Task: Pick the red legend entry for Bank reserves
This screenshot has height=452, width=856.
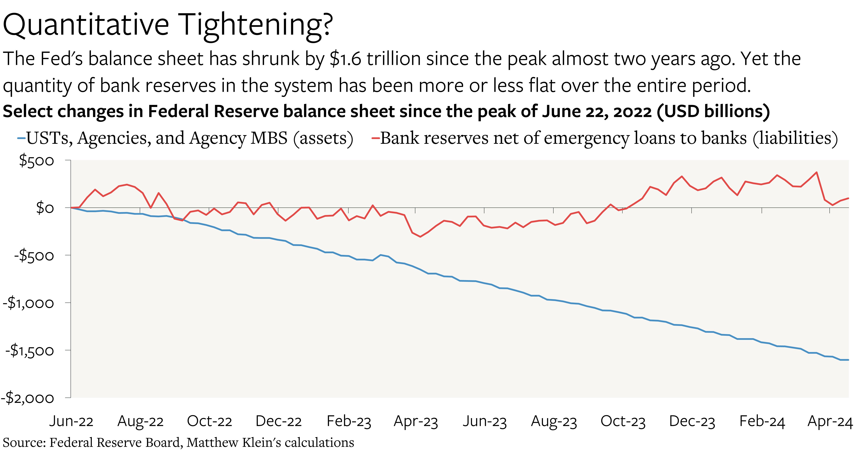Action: point(605,138)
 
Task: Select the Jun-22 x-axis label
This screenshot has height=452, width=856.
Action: point(71,421)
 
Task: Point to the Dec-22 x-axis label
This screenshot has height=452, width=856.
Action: point(278,421)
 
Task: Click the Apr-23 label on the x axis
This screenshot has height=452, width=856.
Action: point(416,421)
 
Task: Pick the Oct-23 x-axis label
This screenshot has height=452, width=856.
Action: point(623,421)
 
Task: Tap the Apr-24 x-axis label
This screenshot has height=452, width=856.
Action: point(830,421)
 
